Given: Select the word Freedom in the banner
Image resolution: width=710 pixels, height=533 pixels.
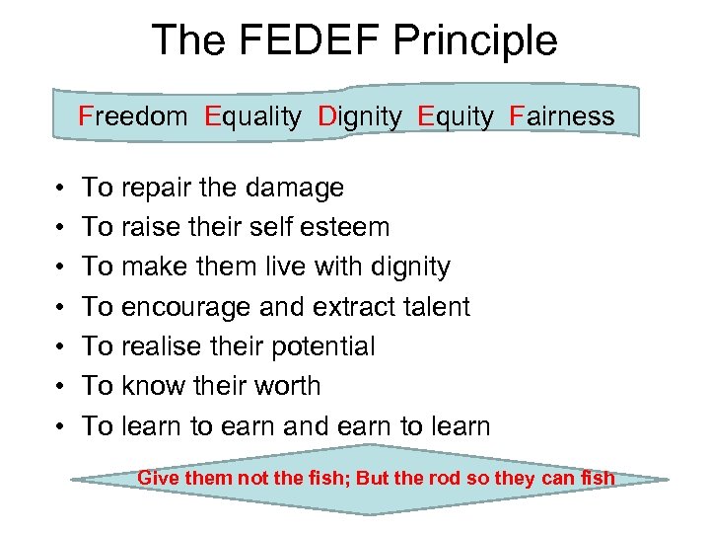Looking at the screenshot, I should pos(133,116).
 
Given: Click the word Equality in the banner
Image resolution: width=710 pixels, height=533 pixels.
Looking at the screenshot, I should pos(253,116).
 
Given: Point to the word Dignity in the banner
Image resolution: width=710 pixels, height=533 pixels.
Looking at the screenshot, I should pos(360,116).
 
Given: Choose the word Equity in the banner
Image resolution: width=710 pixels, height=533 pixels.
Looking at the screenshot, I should pos(456,116).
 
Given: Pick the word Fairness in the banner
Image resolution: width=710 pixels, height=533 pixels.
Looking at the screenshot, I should pos(562,116).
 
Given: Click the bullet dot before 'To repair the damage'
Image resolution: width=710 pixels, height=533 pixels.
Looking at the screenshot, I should pos(61,188).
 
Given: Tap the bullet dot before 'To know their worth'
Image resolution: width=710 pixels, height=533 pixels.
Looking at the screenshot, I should pos(61,387).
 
